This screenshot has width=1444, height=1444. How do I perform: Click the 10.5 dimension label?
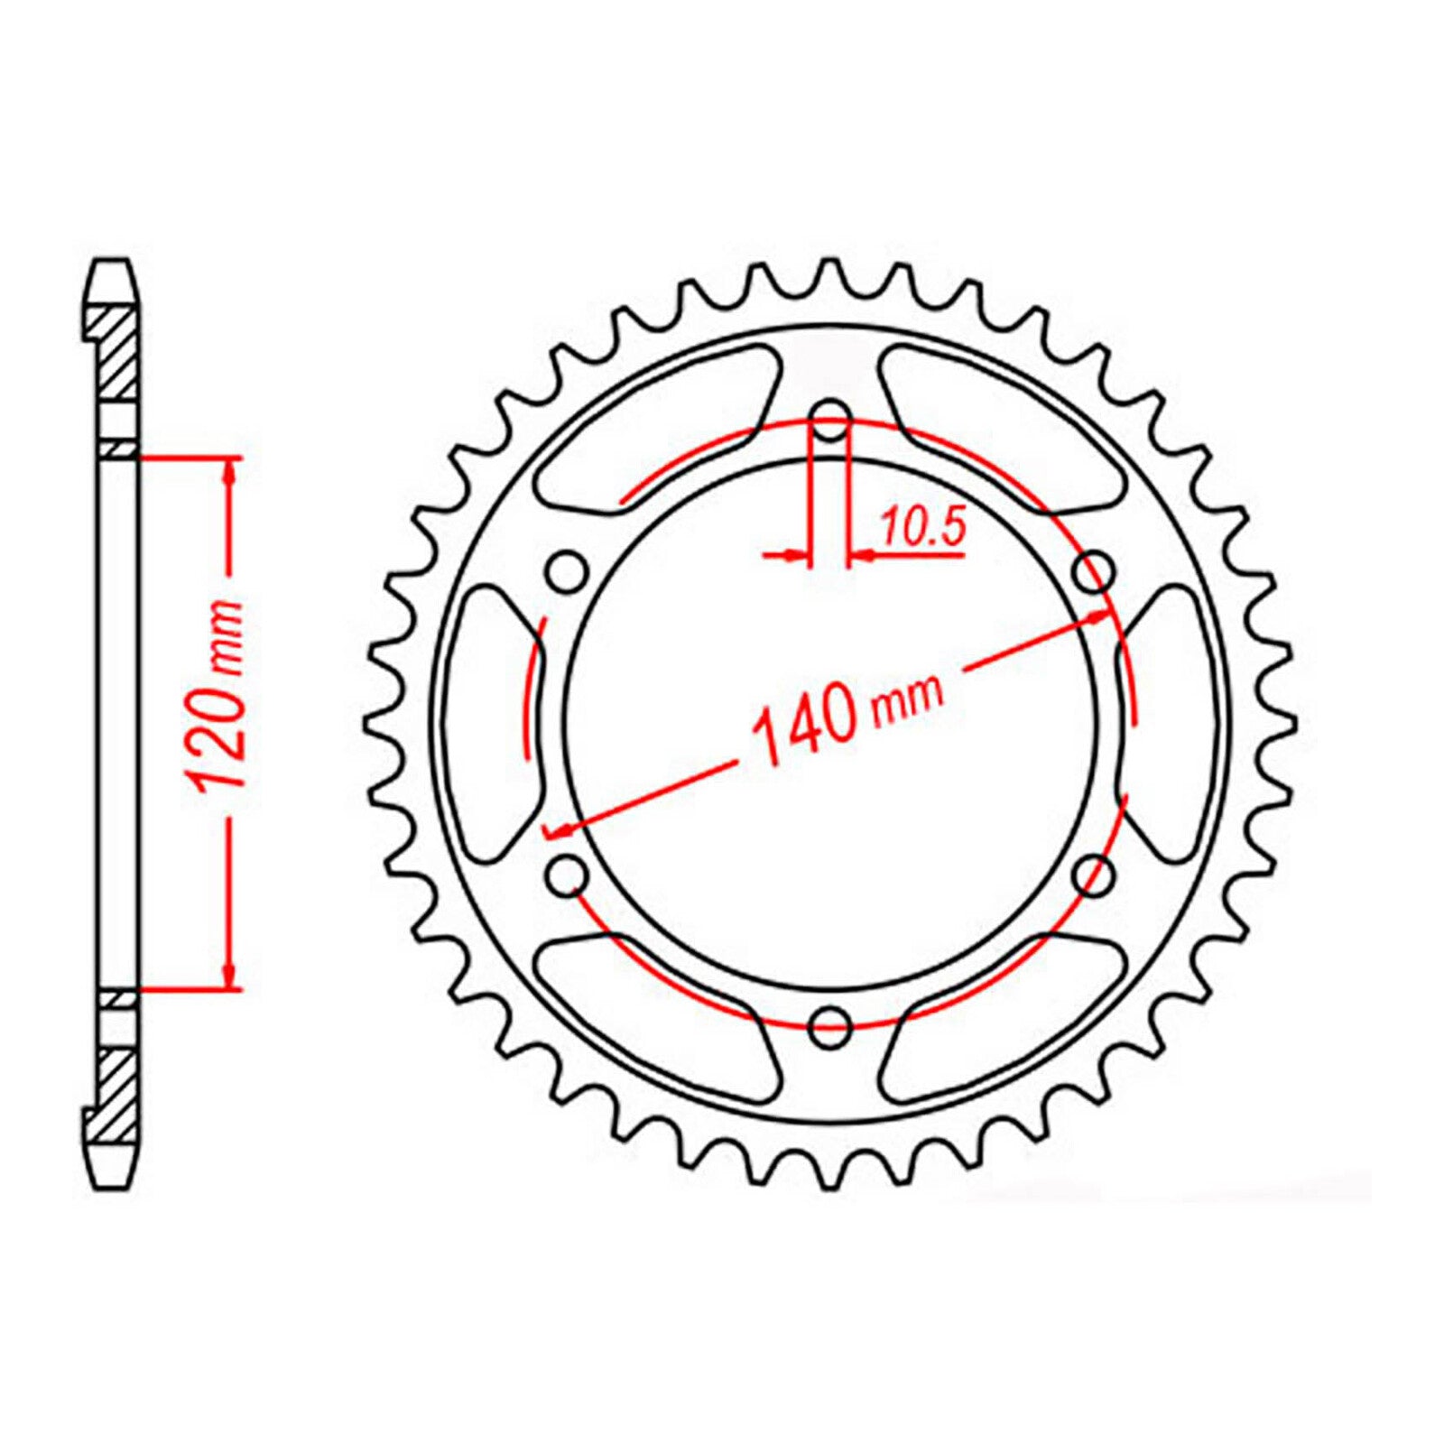(x=922, y=528)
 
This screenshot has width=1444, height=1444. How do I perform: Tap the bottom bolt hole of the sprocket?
(x=830, y=1024)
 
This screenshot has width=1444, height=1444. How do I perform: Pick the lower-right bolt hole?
(x=1095, y=873)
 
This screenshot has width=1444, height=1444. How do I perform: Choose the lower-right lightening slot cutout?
(x=1002, y=1011)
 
